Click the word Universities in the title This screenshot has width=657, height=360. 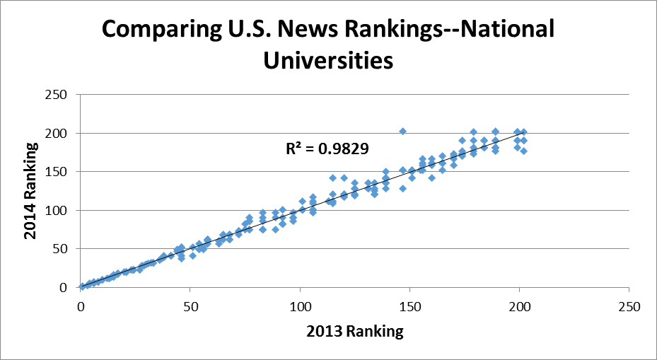(x=328, y=61)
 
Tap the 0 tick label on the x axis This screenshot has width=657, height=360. (x=81, y=308)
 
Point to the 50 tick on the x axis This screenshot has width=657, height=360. (x=191, y=308)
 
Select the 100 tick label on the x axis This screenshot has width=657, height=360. (x=301, y=308)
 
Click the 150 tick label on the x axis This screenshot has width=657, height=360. (x=410, y=308)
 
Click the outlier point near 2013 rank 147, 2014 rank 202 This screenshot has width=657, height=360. (x=403, y=132)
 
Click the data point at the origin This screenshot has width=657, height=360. (x=83, y=286)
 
